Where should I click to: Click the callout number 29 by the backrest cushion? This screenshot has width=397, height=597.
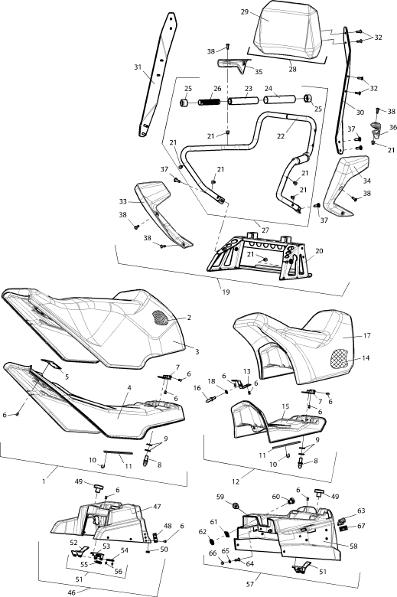[x=244, y=11]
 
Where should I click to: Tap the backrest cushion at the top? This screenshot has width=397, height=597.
[x=291, y=30]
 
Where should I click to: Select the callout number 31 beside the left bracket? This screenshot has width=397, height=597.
[x=138, y=67]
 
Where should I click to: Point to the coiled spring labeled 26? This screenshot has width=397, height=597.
[x=209, y=102]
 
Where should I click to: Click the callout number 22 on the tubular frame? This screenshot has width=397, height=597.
[x=281, y=135]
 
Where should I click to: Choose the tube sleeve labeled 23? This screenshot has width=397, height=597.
[x=242, y=101]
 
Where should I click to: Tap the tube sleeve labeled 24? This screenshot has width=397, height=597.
[x=279, y=99]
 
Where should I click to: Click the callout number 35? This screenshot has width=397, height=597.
[x=259, y=72]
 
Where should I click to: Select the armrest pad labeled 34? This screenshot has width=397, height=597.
[x=347, y=184]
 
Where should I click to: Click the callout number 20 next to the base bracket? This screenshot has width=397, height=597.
[x=319, y=251]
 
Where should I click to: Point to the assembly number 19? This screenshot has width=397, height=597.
[x=226, y=292]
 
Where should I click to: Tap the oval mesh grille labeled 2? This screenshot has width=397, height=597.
[x=160, y=318]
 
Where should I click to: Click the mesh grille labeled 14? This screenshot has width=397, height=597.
[x=340, y=358]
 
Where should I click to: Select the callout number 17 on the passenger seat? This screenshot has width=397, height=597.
[x=366, y=335]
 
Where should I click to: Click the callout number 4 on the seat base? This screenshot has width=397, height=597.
[x=129, y=387]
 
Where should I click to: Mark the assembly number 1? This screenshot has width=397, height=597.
[x=44, y=481]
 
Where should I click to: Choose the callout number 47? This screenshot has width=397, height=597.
[x=157, y=507]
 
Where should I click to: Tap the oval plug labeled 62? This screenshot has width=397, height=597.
[x=213, y=540]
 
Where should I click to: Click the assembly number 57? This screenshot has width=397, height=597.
[x=251, y=584]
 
